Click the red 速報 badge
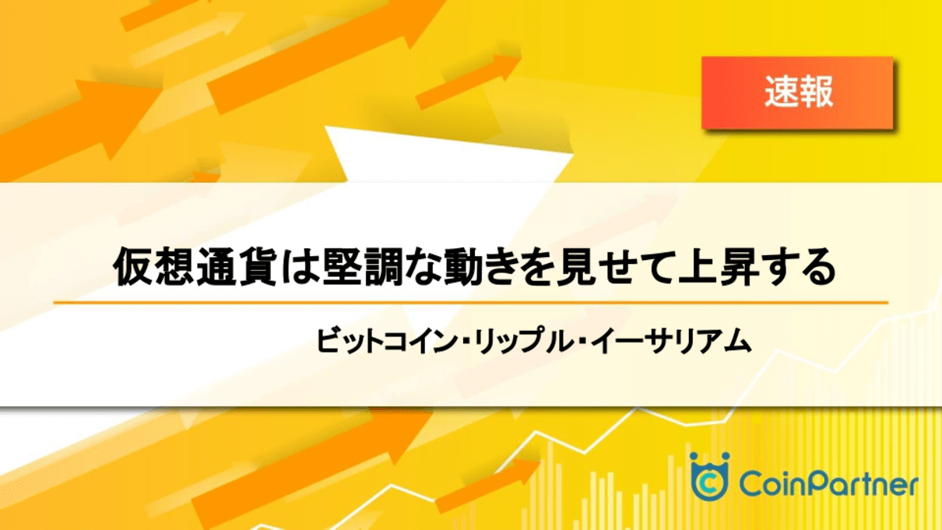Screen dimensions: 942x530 coord(797,93)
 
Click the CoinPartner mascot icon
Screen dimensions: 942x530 coord(709,476)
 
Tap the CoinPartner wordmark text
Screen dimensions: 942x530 coord(828,483)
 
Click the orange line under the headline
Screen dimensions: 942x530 coord(470,303)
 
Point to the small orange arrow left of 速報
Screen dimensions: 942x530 coord(468,82)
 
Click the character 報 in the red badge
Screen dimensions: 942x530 coord(816,92)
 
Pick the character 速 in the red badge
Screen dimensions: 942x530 coord(782,92)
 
